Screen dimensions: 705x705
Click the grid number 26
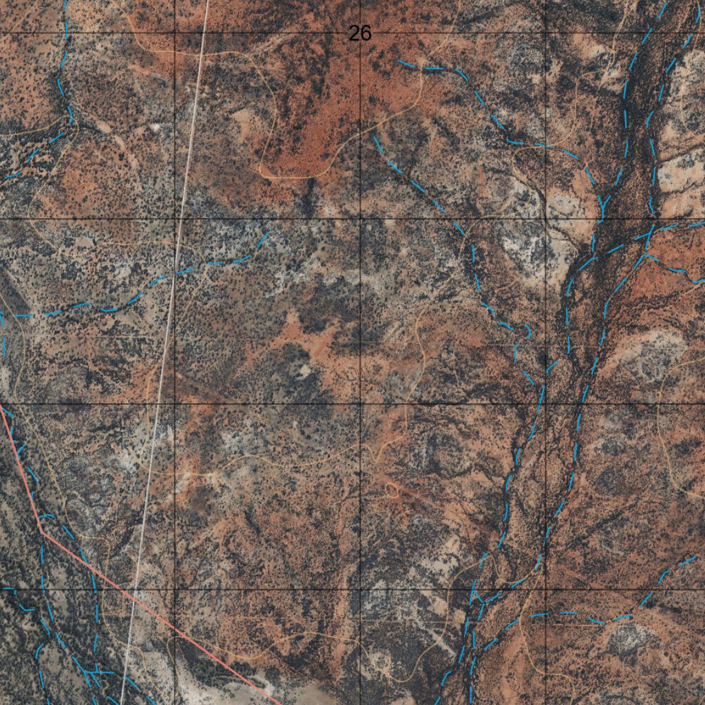[x=360, y=33]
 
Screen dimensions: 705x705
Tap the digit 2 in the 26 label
[x=355, y=33]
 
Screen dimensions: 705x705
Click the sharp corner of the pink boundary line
[x=42, y=531]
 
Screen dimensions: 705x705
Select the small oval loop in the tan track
[x=392, y=490]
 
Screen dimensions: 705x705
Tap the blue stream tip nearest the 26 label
[x=399, y=61]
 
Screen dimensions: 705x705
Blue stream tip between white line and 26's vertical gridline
[x=267, y=234]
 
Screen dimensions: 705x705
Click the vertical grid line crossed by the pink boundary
[x=175, y=482]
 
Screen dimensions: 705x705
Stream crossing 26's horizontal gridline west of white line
[x=66, y=33]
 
